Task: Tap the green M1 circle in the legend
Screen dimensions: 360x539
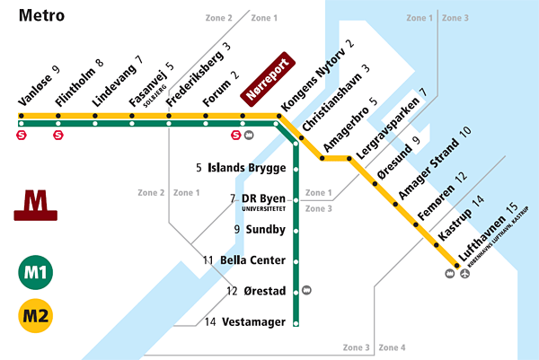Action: pyautogui.click(x=36, y=274)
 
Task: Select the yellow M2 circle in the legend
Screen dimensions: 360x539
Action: pyautogui.click(x=36, y=317)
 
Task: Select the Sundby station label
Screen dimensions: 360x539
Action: pyautogui.click(x=265, y=230)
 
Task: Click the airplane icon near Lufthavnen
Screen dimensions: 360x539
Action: pyautogui.click(x=464, y=274)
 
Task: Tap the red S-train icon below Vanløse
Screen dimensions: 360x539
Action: pyautogui.click(x=22, y=136)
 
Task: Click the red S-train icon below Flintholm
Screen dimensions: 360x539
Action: pyautogui.click(x=58, y=136)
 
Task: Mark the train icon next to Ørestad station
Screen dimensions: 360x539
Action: pyautogui.click(x=308, y=290)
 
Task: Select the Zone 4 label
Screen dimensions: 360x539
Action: pyautogui.click(x=392, y=347)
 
